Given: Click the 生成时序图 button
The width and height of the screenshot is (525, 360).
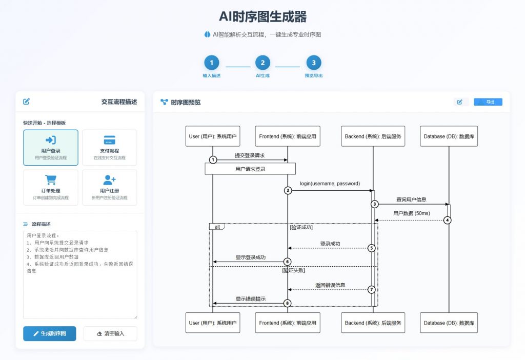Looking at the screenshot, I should (50, 333).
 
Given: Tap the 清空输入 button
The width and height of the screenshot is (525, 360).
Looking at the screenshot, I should (110, 333).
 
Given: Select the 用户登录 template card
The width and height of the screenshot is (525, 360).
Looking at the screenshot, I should (51, 147).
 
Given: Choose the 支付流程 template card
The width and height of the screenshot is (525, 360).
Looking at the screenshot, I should (109, 147).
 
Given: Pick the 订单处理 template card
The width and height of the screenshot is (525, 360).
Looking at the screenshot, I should (51, 187).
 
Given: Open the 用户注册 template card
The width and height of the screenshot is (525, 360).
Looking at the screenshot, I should (109, 187).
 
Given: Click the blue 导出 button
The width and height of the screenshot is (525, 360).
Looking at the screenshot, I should (488, 102).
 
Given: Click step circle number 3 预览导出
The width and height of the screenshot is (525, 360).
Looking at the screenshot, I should (314, 63).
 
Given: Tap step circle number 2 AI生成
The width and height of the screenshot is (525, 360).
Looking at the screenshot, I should (262, 63).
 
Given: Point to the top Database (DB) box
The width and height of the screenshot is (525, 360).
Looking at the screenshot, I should (449, 136).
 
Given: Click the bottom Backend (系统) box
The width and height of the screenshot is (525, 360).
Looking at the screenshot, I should (373, 323).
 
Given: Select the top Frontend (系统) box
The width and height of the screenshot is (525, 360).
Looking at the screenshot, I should (288, 136).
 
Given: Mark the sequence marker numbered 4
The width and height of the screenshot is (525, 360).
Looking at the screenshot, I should (447, 221).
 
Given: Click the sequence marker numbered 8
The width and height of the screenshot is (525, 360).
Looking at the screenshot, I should (288, 303).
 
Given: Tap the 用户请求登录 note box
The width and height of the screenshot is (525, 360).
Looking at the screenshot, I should (250, 169).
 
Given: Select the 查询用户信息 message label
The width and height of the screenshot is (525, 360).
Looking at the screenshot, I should (411, 199).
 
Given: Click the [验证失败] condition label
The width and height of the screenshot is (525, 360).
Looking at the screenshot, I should (293, 270).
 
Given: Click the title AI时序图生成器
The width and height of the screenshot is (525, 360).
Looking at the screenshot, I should (262, 17).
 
